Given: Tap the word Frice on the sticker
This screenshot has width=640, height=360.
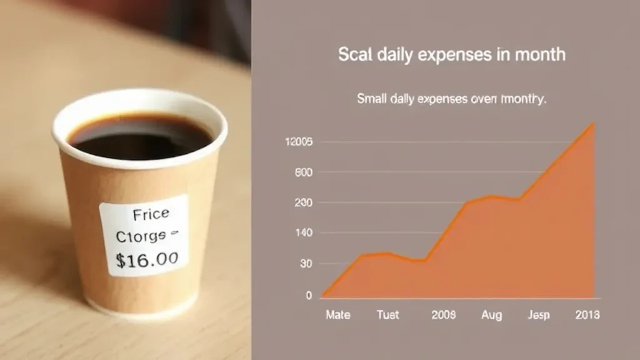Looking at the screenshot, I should tap(151, 214).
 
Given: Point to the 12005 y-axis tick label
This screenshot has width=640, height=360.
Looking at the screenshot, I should tap(298, 142).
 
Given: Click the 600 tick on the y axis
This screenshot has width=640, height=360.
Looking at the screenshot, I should tap(302, 172).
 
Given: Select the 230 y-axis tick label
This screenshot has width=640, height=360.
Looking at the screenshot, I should tap(302, 203).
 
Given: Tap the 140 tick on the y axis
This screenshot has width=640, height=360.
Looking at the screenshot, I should tap(302, 234).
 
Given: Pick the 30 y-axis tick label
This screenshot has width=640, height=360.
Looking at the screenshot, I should tap(304, 264).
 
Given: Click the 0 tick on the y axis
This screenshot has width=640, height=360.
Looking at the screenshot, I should tap(308, 295).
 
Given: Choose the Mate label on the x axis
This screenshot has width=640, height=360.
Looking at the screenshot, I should tap(337, 315).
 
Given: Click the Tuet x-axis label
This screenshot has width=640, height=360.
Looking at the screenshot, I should tap(387, 315).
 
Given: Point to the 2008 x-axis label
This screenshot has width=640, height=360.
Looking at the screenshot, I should tap(444, 315).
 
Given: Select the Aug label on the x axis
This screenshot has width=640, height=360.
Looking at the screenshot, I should tap(491, 315).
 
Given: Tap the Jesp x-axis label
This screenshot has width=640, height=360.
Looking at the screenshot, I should tap(539, 315).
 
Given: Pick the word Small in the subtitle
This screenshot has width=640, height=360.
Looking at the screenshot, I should tap(370, 99).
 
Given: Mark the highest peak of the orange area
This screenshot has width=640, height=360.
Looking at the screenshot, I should tap(592, 124).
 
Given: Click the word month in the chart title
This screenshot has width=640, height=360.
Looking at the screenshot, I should tap(539, 54).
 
